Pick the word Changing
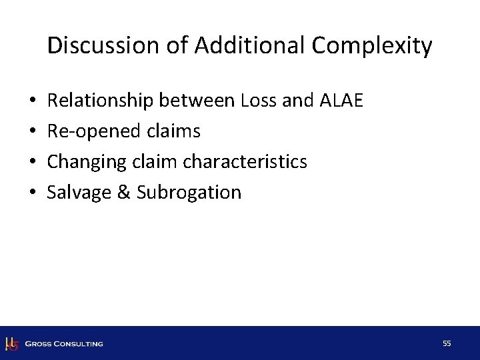click(x=83, y=162)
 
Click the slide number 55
click(x=447, y=343)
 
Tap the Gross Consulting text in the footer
click(x=64, y=344)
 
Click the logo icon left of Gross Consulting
click(x=11, y=344)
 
